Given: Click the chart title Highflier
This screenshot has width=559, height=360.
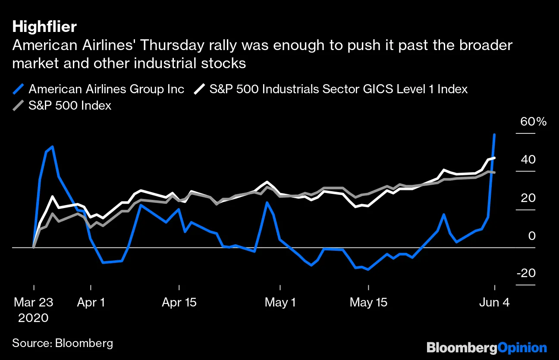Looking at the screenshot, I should (44, 27).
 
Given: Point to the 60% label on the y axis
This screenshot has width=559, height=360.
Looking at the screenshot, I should (533, 121).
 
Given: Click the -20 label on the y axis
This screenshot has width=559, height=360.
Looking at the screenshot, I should (526, 273).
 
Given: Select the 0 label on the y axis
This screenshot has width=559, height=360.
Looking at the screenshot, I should (531, 236).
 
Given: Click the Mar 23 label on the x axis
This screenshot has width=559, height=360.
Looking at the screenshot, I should (34, 302).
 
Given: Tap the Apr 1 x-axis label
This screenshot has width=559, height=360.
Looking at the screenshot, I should (91, 302).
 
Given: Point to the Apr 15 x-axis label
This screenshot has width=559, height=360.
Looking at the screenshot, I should (179, 302).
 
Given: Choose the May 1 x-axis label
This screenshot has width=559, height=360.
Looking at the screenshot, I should (280, 302).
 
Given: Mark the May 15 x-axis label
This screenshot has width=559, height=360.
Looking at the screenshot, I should (368, 302).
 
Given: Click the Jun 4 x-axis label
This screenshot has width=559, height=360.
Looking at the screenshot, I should (494, 302).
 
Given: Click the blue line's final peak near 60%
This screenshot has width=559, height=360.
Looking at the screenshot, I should (494, 135).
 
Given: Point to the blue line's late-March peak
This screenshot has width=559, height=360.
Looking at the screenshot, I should (52, 147).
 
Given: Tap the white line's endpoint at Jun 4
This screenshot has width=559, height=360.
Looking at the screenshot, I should (494, 158).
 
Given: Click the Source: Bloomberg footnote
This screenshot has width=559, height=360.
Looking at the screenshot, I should (63, 343).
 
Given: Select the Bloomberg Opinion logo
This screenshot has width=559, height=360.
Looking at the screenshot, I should (487, 347).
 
